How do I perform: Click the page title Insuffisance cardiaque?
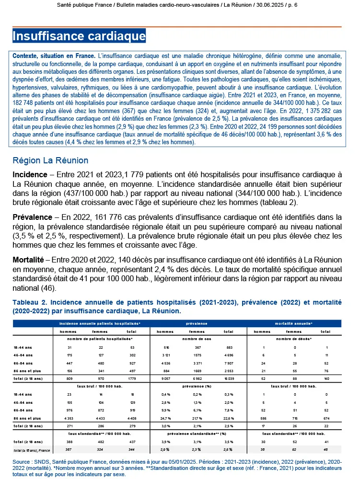click(x=79, y=36)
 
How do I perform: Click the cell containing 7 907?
click(x=229, y=355)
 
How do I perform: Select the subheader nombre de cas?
click(x=197, y=339)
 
